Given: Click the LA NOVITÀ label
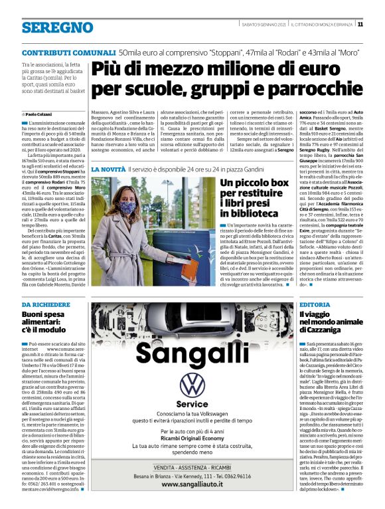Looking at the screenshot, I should pyautogui.click(x=107, y=171).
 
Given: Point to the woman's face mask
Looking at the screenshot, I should pyautogui.click(x=127, y=208).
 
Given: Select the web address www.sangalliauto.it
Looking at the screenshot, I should pyautogui.click(x=193, y=486).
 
